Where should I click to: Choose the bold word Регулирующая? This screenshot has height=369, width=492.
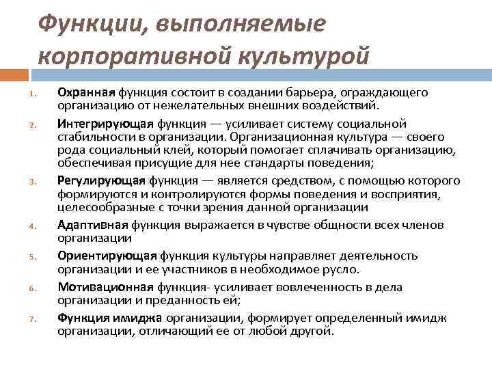[101, 181]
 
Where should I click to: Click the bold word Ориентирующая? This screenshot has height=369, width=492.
[107, 255]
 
